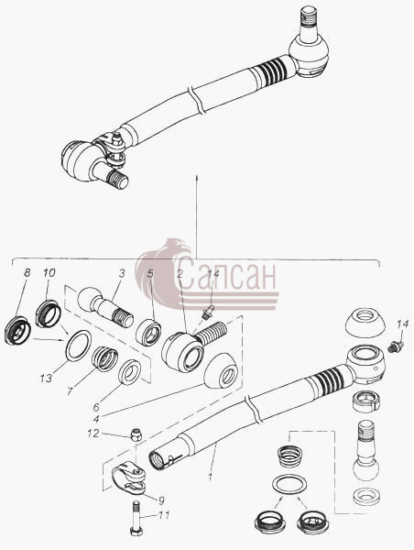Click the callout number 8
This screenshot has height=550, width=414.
(x=27, y=272)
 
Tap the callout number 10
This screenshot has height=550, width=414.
(x=49, y=272)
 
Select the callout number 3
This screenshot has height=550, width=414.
(x=122, y=273)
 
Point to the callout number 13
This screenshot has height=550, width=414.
(x=46, y=378)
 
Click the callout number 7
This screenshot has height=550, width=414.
(x=71, y=390)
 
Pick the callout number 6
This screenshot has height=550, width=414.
(x=96, y=407)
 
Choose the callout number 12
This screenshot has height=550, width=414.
(x=93, y=434)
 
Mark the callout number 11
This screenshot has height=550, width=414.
(x=163, y=515)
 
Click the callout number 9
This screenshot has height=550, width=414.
(x=161, y=500)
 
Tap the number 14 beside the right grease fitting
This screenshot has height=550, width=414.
(x=402, y=324)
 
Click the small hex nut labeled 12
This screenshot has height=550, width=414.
(x=136, y=435)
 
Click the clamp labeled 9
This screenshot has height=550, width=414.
(x=129, y=479)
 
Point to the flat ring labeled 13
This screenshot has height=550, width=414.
(x=79, y=346)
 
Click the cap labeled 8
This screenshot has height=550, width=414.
(x=17, y=330)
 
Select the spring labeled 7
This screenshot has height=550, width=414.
(x=104, y=358)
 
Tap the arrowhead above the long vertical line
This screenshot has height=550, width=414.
(x=197, y=176)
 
